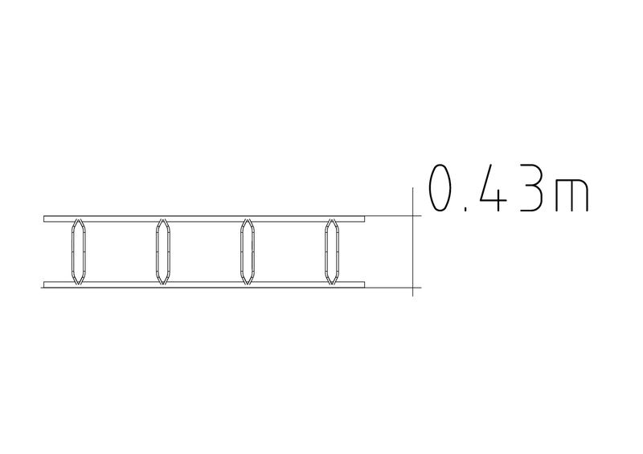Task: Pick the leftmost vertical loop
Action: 72,252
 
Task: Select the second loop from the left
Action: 157,252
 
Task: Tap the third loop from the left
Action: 241,252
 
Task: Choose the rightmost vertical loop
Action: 326,252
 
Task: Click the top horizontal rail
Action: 204,219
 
